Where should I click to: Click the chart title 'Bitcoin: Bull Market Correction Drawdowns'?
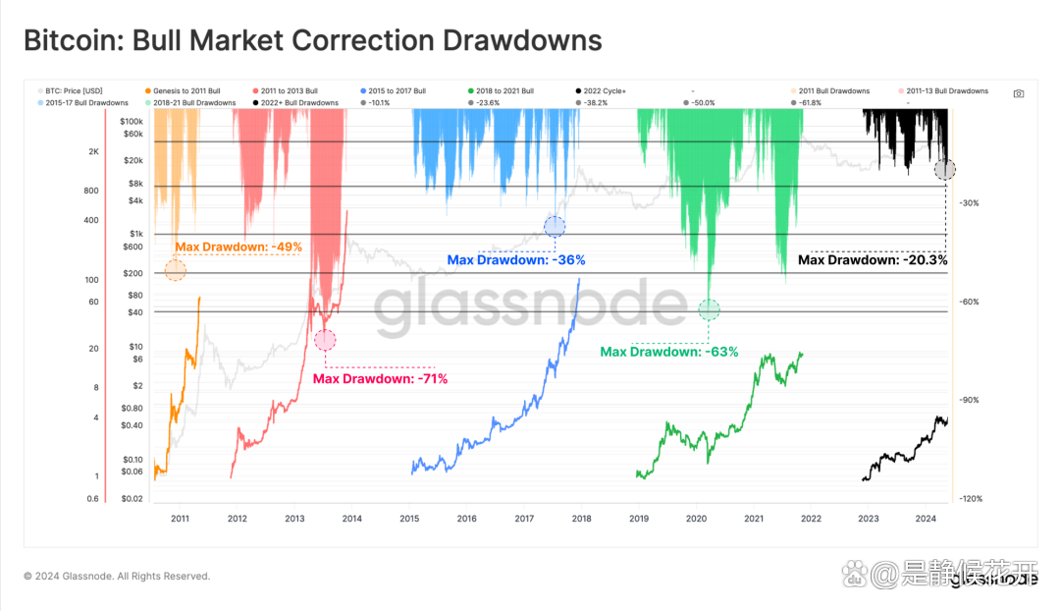tap(312, 41)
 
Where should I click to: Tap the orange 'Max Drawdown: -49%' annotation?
tap(238, 247)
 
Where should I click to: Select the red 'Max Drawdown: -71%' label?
tap(380, 378)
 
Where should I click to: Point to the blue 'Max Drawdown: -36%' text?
tap(516, 260)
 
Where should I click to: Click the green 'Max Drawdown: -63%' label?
tap(669, 351)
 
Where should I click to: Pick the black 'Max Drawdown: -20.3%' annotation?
tap(873, 260)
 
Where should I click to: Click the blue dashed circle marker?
tap(555, 227)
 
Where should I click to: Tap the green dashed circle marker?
tap(709, 310)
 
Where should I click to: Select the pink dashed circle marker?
tap(325, 340)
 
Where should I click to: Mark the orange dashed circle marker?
tap(176, 270)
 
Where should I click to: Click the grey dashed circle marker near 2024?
tap(944, 169)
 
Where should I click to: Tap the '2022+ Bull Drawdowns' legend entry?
tap(298, 102)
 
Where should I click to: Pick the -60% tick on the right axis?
tap(969, 302)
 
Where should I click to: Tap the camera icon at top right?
tap(1019, 93)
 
